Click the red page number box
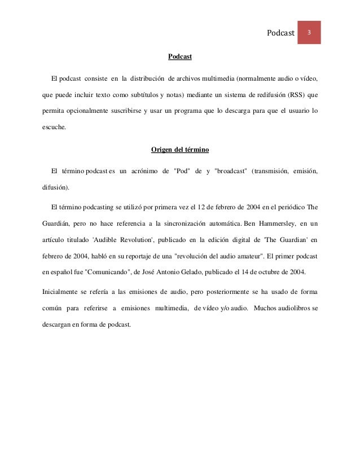pos(310,32)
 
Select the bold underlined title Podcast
pos(180,58)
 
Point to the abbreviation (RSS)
pos(295,94)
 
